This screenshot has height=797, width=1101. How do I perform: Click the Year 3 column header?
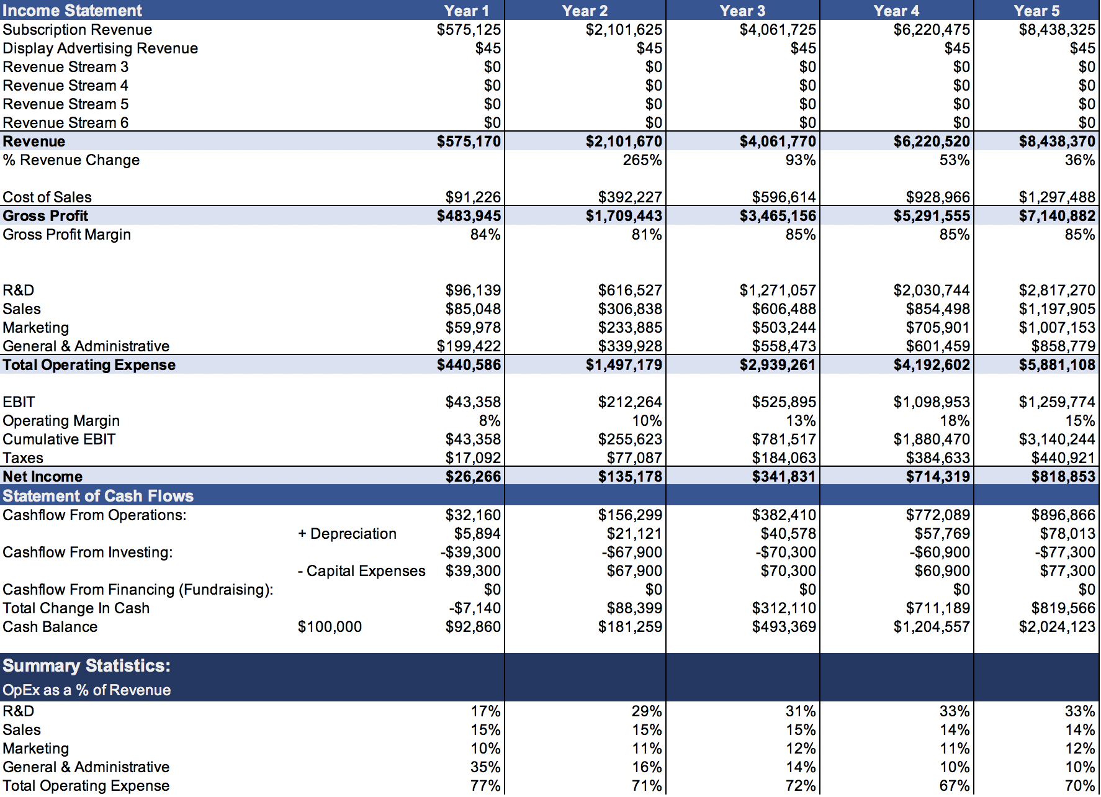742,11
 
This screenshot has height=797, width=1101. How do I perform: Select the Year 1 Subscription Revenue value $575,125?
469,30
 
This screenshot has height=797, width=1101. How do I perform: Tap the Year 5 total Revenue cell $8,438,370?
1057,142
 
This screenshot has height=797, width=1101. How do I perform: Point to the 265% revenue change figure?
642,160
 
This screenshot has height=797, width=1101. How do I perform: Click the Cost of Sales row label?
47,197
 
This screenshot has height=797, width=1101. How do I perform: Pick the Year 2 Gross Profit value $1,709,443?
624,216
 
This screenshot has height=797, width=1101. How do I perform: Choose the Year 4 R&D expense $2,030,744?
932,290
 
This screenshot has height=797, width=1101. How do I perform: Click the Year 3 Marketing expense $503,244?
784,328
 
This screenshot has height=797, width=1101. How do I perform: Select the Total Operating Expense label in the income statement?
89,365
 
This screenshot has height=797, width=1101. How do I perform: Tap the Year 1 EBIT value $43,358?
473,402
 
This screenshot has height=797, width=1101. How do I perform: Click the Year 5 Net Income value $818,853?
1063,477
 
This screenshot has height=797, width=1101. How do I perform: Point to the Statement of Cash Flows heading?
98,496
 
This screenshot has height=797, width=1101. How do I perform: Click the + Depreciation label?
347,534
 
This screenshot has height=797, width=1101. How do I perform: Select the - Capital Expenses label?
361,571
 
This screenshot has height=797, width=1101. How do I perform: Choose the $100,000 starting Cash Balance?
330,627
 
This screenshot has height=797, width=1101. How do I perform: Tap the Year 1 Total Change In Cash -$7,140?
475,608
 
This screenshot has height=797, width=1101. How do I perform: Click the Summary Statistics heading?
86,665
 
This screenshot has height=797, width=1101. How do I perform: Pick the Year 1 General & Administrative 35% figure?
485,767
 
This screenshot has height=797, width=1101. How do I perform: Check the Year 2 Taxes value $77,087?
634,458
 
